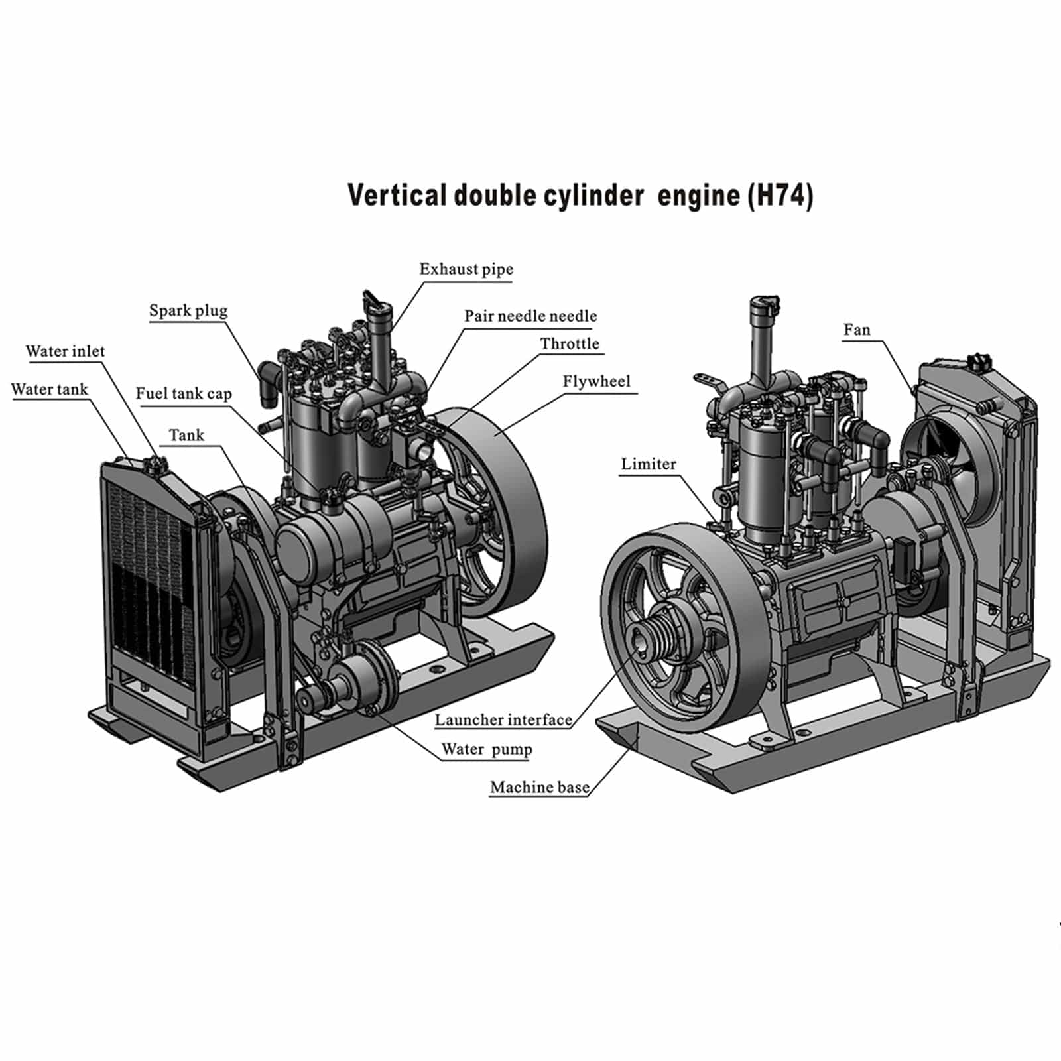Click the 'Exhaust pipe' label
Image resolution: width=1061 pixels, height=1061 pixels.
click(466, 269)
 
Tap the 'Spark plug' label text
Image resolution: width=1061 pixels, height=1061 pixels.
click(188, 310)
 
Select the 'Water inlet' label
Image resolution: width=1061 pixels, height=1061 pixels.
click(65, 351)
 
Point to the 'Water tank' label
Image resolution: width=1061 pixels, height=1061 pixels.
click(50, 389)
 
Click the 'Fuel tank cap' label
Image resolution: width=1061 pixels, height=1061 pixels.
click(184, 393)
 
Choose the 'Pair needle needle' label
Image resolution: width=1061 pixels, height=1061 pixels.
click(530, 316)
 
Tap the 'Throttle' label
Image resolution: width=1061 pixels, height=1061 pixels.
click(570, 343)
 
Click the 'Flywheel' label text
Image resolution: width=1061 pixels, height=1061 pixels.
click(596, 381)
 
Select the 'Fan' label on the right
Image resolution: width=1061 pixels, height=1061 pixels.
click(857, 330)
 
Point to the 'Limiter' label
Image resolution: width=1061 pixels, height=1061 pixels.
click(649, 464)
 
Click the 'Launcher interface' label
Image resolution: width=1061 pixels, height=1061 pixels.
click(503, 720)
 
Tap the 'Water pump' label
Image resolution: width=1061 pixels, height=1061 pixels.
click(487, 749)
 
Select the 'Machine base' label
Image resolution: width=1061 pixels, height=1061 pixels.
click(539, 787)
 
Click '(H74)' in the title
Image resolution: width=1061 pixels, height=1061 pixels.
click(780, 196)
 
